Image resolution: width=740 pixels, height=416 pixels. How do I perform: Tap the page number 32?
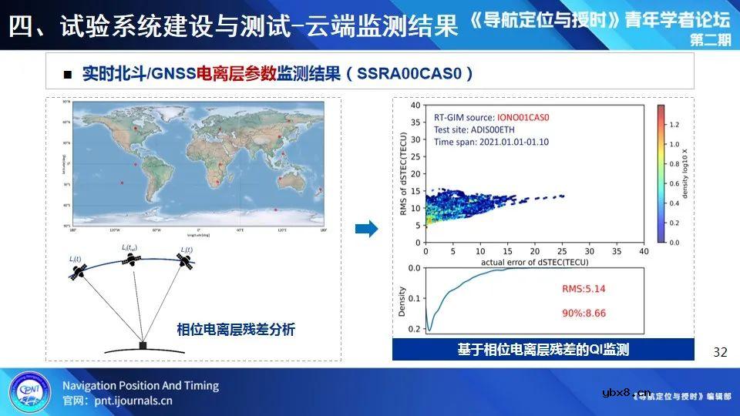[x=720, y=352]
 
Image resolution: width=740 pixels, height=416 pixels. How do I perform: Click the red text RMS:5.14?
[x=583, y=288]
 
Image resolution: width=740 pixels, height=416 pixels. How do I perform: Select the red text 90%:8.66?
[x=583, y=314]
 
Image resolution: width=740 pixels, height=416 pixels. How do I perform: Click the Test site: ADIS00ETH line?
[x=474, y=129]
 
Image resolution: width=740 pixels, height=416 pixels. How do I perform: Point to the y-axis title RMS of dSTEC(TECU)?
[x=404, y=173]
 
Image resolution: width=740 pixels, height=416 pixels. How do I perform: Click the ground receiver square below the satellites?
[x=143, y=345]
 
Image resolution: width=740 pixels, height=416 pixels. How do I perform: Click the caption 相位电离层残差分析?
[x=236, y=330]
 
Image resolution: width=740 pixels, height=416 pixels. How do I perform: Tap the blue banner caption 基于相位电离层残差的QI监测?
[x=543, y=350]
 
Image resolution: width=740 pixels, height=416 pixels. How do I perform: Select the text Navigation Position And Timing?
[x=140, y=385]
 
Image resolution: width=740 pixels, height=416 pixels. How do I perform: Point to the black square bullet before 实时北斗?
[x=67, y=75]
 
